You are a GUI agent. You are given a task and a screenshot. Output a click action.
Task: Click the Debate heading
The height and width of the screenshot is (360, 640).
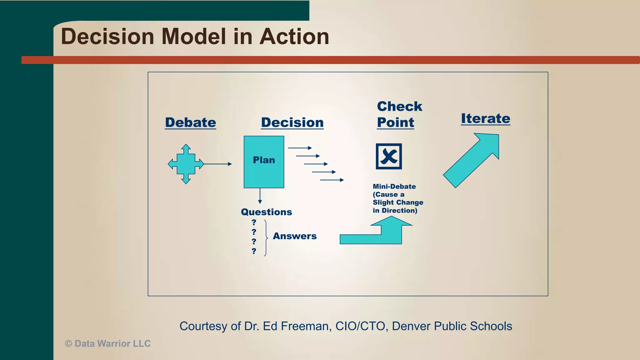tap(190, 122)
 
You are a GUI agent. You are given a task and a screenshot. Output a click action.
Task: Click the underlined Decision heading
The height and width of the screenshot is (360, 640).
tap(292, 122)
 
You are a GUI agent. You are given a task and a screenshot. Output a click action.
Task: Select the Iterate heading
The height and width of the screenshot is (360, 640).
tap(485, 119)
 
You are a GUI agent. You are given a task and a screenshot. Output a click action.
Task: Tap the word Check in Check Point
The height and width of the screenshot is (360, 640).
tap(399, 107)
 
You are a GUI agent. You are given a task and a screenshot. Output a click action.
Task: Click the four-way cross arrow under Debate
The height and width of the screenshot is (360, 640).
tap(186, 164)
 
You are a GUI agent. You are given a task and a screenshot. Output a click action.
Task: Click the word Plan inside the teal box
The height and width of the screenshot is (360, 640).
tap(264, 160)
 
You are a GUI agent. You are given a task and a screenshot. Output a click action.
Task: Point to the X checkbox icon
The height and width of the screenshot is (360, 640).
tap(389, 156)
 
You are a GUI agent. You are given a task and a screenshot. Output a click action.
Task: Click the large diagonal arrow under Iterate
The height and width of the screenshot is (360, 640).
tap(472, 159)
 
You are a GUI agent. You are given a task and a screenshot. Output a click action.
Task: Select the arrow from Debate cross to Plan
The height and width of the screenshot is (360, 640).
tap(218, 164)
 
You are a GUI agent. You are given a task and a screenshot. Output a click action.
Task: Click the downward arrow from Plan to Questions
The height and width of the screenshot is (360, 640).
tap(260, 197)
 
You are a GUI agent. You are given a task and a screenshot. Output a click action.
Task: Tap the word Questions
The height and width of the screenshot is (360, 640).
tap(266, 212)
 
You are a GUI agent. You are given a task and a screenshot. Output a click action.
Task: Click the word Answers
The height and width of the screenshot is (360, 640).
tap(295, 236)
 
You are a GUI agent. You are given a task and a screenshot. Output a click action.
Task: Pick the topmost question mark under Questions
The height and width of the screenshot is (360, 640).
tap(254, 222)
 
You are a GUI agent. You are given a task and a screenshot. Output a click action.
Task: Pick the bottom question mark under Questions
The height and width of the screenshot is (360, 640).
tap(254, 251)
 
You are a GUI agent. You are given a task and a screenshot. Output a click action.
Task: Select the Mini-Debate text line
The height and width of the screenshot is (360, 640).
tap(394, 187)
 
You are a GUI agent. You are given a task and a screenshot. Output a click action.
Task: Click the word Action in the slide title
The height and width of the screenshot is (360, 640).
tap(294, 37)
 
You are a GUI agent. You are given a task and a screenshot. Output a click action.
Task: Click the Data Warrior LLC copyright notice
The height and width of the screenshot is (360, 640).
tap(108, 344)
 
